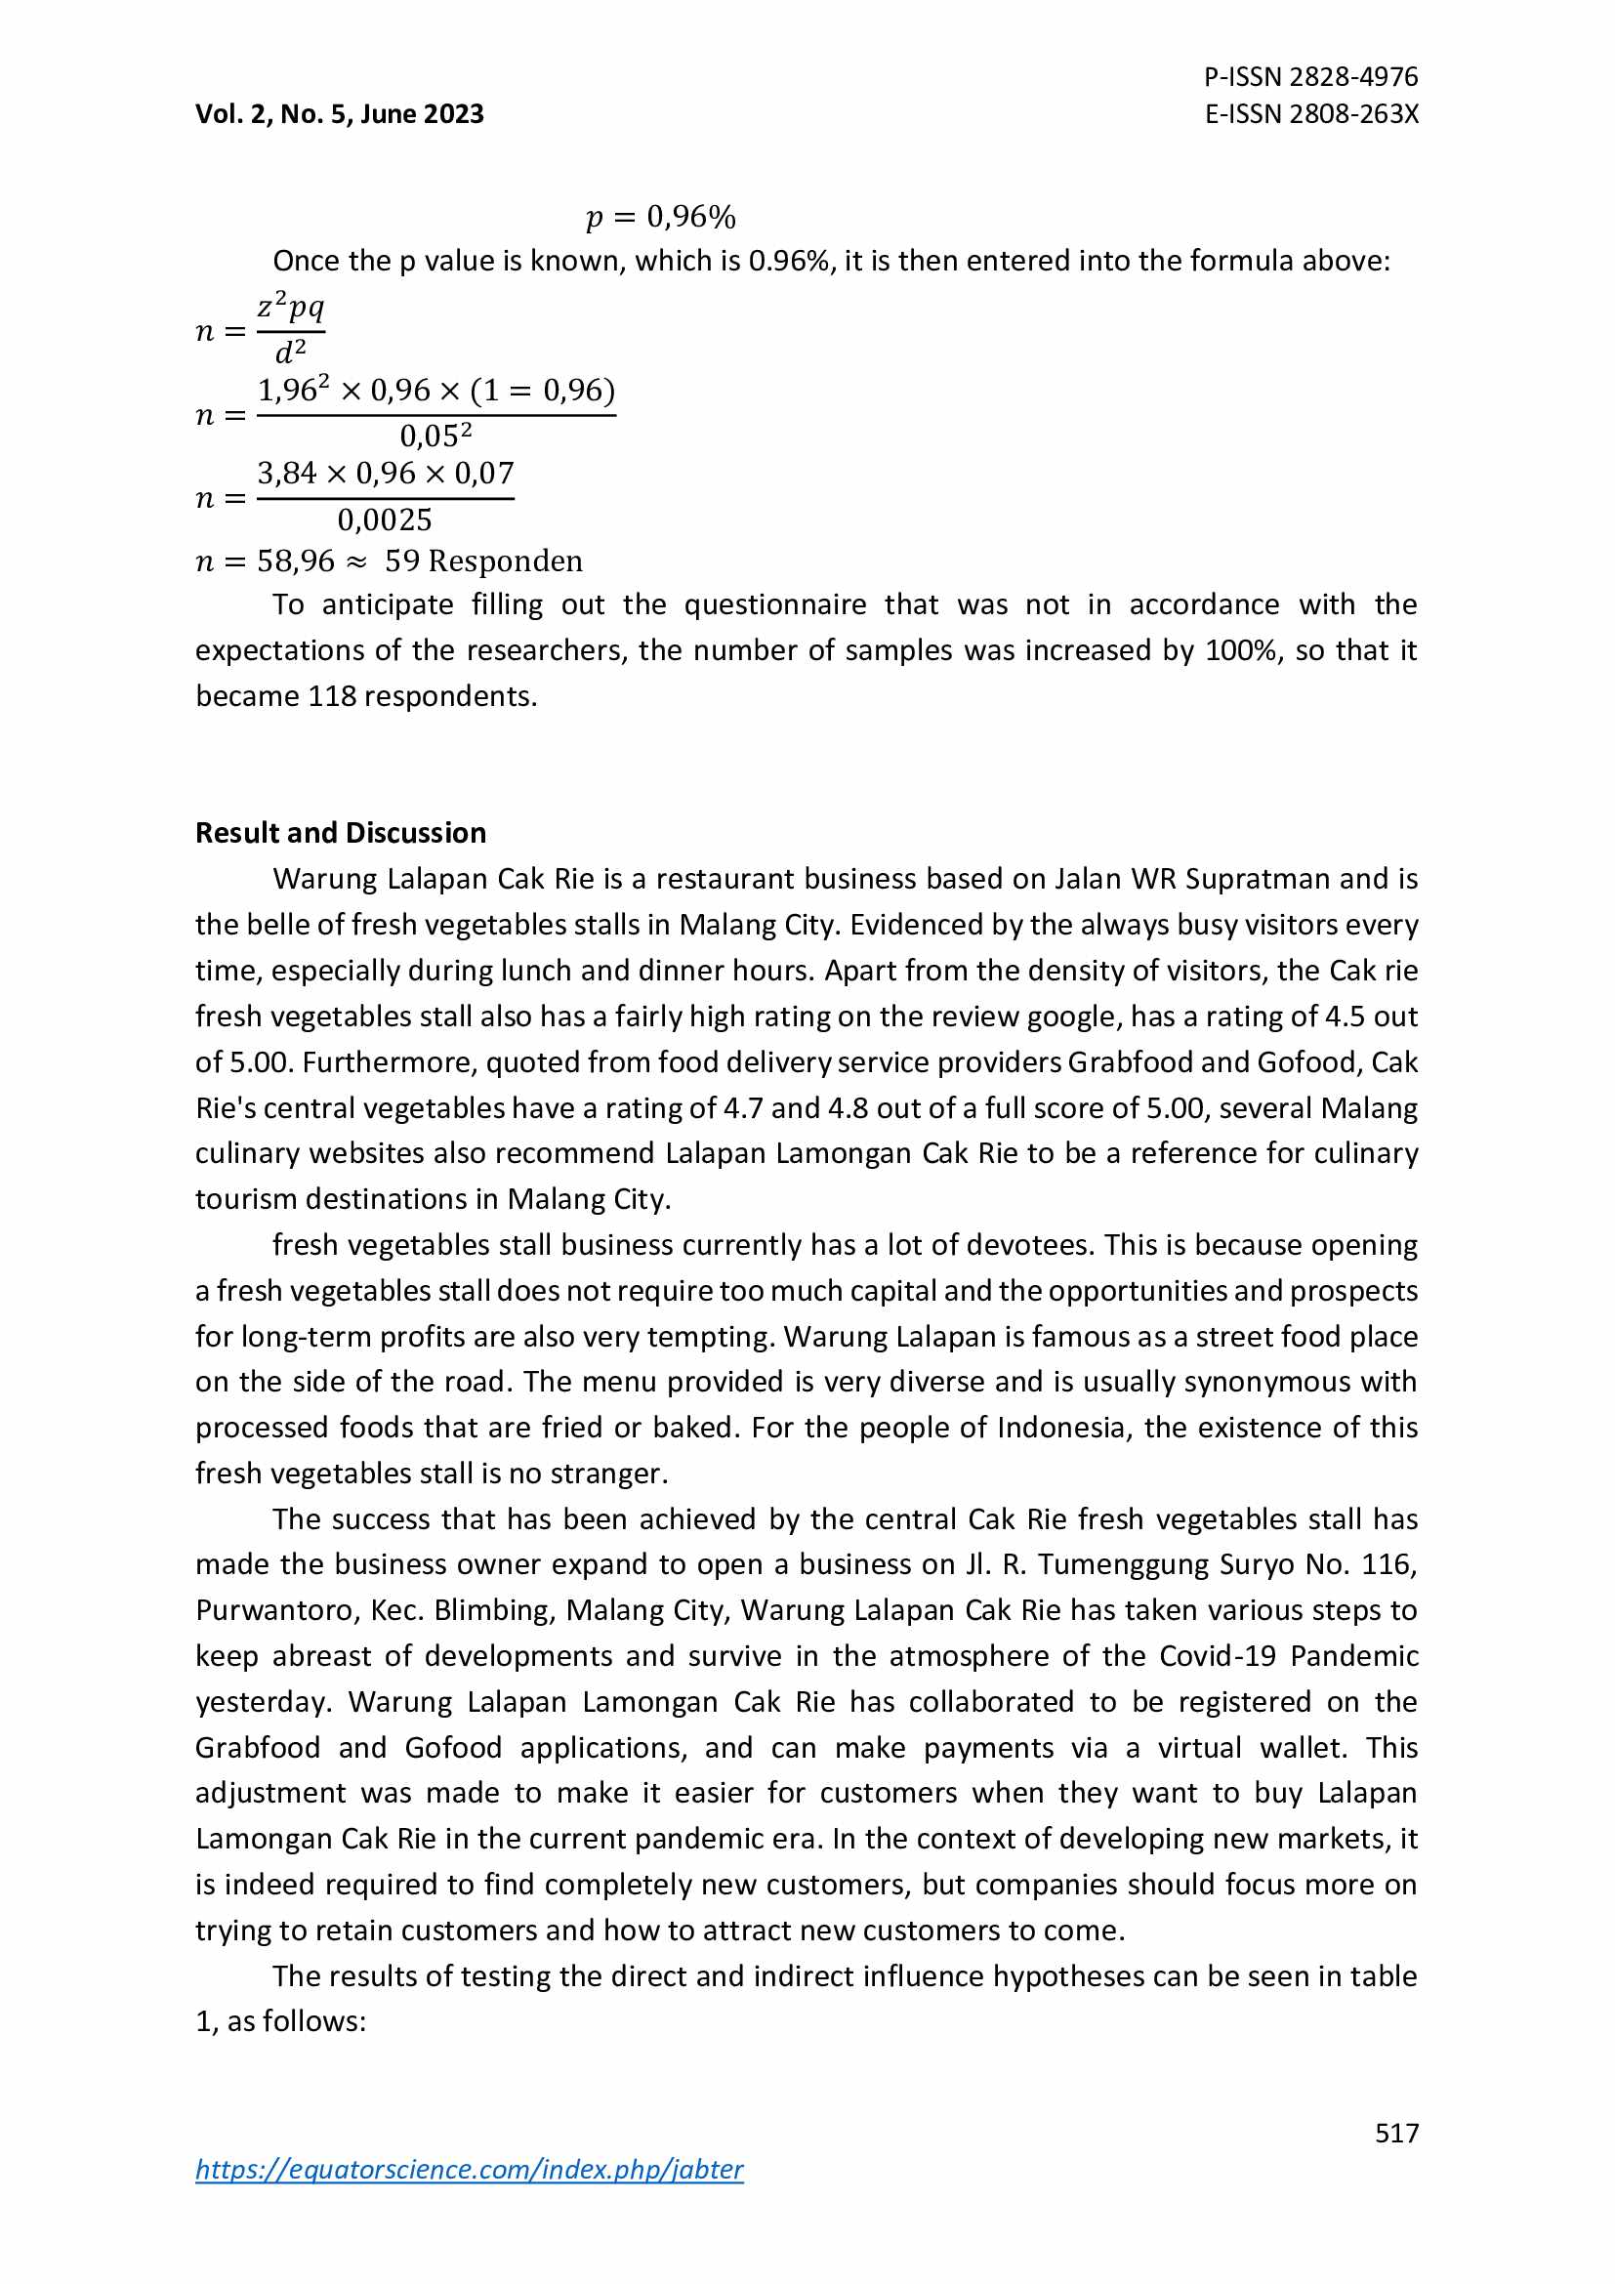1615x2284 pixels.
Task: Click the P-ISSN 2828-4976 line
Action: pyautogui.click(x=1309, y=76)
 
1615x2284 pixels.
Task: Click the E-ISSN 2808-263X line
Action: pyautogui.click(x=1310, y=114)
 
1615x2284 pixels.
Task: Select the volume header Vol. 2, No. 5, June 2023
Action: pyautogui.click(x=339, y=114)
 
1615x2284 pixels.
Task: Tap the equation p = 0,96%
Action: pyautogui.click(x=660, y=217)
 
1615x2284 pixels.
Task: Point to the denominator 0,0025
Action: pyautogui.click(x=385, y=520)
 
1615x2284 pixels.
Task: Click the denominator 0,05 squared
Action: pyautogui.click(x=435, y=436)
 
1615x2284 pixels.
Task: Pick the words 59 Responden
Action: pyautogui.click(x=483, y=561)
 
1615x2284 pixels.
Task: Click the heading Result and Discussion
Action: pyautogui.click(x=340, y=833)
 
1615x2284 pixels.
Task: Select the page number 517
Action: pyautogui.click(x=1396, y=2133)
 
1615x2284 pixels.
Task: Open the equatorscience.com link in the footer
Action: pyautogui.click(x=469, y=2169)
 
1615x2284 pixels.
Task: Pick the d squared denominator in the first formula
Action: pyautogui.click(x=290, y=352)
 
